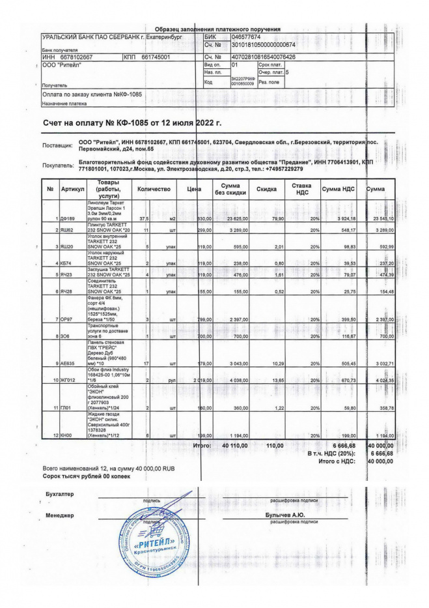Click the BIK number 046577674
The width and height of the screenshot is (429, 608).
point(245,38)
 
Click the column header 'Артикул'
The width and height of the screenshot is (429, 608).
point(73,189)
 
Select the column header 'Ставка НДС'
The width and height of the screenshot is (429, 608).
point(301,189)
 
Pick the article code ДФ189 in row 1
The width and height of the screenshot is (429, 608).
point(68,218)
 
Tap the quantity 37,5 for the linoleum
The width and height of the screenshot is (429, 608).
point(144,218)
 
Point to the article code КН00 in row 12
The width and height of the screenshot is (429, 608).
point(68,435)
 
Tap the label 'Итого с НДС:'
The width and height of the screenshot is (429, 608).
point(335,461)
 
